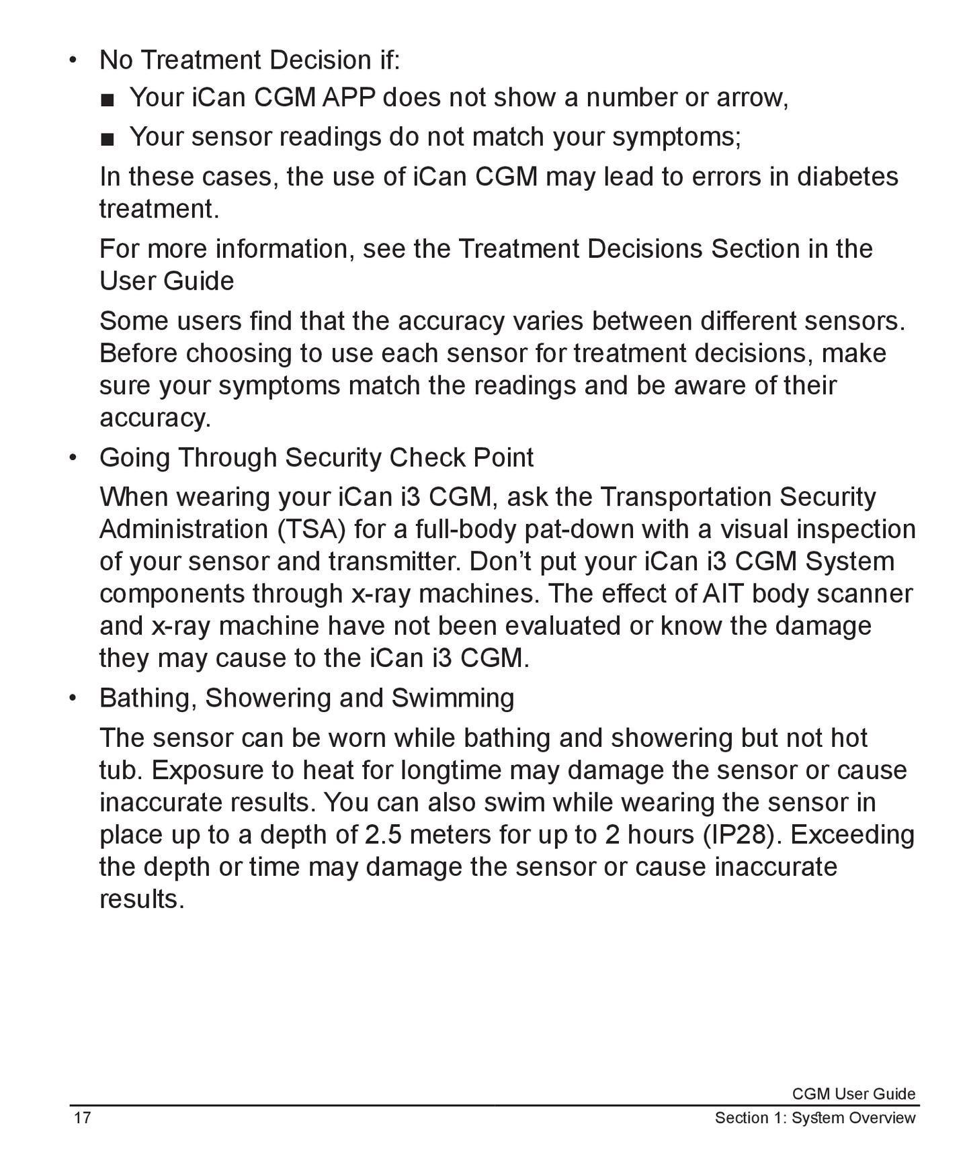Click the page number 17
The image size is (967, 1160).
(82, 1118)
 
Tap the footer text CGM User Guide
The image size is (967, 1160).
(853, 1094)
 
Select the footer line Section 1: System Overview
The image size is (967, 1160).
(814, 1118)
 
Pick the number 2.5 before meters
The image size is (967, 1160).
(383, 834)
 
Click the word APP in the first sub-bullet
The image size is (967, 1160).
(349, 97)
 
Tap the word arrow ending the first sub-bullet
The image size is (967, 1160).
(751, 97)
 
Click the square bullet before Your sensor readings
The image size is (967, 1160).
(107, 138)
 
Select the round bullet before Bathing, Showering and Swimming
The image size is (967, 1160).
(73, 698)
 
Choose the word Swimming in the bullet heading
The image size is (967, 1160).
(452, 698)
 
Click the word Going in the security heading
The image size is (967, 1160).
(134, 457)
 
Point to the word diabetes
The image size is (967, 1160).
(847, 176)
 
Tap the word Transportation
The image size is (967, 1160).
(685, 497)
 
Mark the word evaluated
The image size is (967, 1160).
(563, 626)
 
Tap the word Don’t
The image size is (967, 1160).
(500, 562)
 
